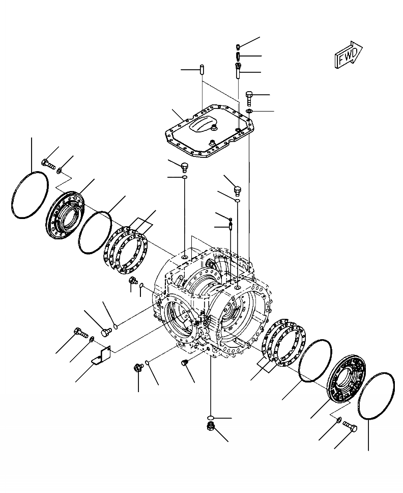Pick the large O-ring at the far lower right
click(x=376, y=395)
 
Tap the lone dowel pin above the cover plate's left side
click(x=202, y=68)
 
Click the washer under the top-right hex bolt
click(x=248, y=111)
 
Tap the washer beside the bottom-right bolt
click(x=338, y=420)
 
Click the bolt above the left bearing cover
click(x=46, y=164)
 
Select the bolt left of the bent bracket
click(x=79, y=333)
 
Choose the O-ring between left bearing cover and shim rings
click(x=95, y=232)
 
